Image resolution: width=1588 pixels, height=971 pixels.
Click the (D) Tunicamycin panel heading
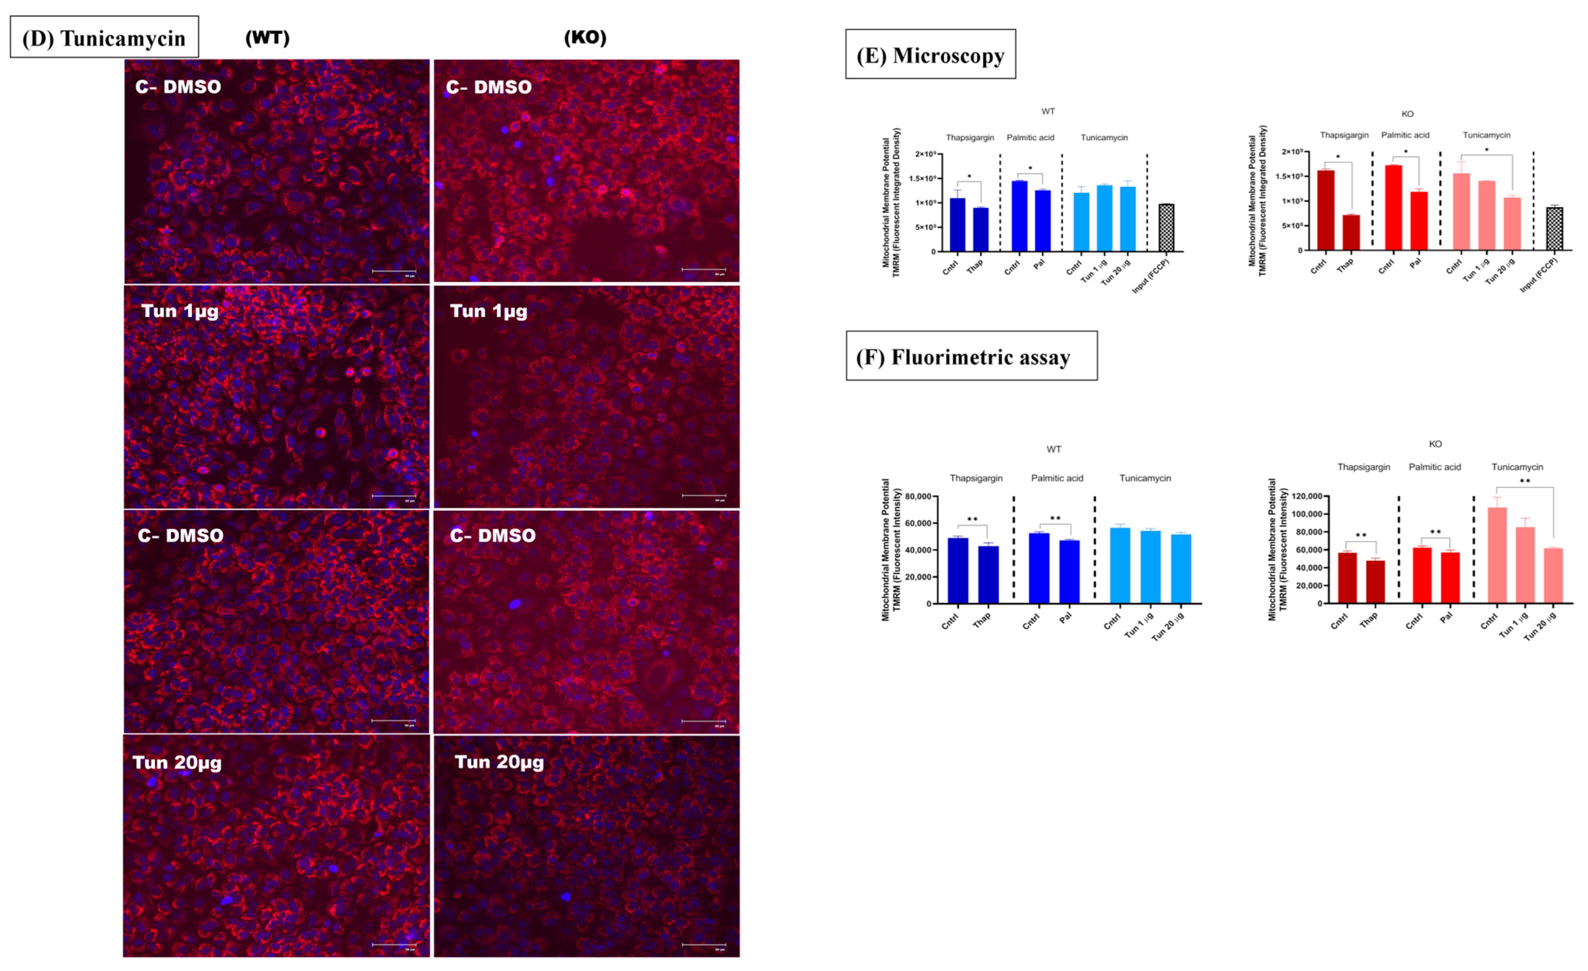104,38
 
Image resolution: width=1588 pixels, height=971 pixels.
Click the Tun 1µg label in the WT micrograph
180,311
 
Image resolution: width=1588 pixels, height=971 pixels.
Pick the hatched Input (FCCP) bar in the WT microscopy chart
1166,227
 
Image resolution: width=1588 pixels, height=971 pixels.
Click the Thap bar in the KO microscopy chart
1351,232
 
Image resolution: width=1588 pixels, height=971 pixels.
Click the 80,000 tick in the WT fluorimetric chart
918,497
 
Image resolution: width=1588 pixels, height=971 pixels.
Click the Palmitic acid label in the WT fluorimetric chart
1057,478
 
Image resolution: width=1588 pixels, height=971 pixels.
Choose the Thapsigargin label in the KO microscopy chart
1344,135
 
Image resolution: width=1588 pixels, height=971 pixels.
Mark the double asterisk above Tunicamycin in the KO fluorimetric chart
1524,481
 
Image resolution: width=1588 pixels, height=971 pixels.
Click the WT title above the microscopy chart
1048,112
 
